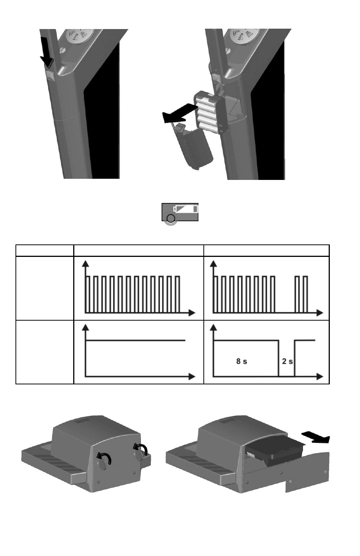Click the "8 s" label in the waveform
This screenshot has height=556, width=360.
[242, 361]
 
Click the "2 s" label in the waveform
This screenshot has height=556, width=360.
[287, 361]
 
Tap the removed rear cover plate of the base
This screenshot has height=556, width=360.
[308, 472]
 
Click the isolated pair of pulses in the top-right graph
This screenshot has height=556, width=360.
[302, 294]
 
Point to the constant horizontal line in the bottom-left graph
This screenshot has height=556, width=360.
[135, 340]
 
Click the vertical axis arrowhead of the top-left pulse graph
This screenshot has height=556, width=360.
[85, 264]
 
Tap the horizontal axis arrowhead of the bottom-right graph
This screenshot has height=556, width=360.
[320, 376]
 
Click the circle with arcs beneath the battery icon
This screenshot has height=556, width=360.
[171, 219]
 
